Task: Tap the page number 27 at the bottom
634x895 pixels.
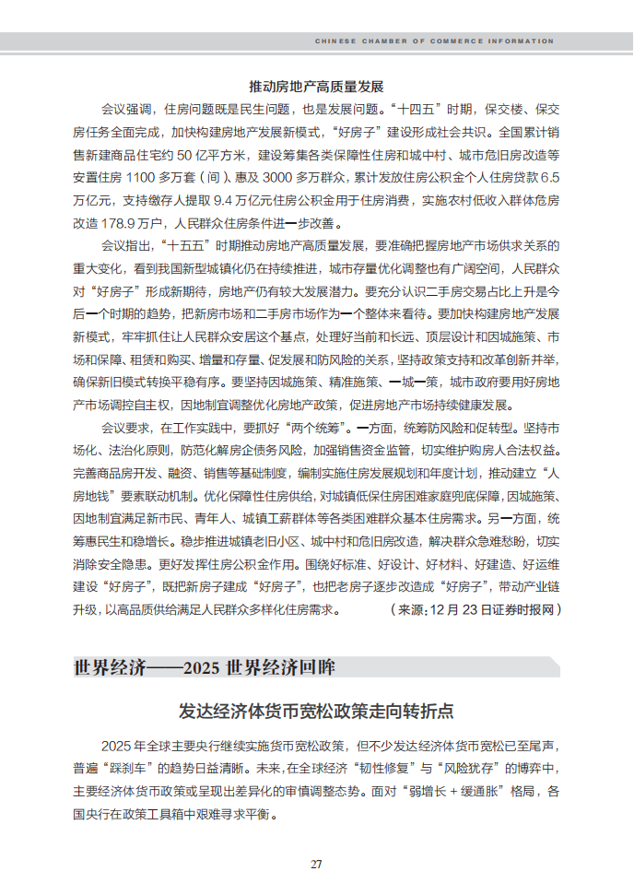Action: pyautogui.click(x=316, y=864)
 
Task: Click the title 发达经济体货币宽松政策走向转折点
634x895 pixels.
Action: pyautogui.click(x=316, y=712)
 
